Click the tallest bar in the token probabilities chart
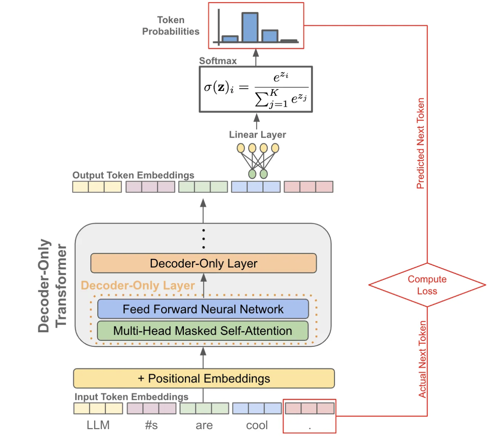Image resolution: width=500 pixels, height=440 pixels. (250, 28)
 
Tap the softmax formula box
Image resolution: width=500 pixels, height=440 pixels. (256, 89)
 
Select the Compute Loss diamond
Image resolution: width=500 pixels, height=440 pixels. (427, 285)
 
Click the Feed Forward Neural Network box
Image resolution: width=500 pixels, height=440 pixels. (203, 309)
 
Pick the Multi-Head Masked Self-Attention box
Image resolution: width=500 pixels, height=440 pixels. (203, 331)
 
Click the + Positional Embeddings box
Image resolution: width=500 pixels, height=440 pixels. (204, 378)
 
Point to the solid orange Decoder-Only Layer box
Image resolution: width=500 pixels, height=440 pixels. (204, 263)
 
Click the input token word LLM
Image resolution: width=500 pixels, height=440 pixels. (98, 425)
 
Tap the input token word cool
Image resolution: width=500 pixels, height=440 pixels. (257, 425)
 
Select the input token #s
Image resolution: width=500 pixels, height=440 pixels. (151, 425)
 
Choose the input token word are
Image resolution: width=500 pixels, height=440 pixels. (204, 425)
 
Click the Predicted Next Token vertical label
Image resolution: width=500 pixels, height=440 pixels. (421, 143)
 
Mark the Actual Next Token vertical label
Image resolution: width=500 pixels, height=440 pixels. (422, 359)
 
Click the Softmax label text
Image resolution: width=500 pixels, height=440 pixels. (218, 61)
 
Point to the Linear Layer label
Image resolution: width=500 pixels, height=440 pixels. (257, 135)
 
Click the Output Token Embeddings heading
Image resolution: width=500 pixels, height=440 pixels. (133, 175)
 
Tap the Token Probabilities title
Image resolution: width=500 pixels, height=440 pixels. (171, 25)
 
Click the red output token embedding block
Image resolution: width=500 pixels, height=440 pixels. (308, 187)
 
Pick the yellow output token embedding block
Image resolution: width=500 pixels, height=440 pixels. (97, 187)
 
